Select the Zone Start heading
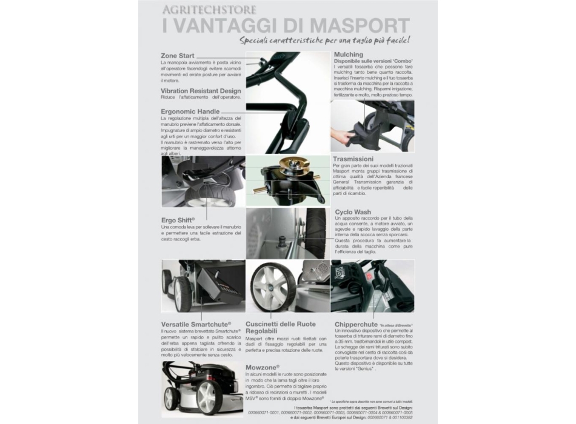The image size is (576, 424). point(178,56)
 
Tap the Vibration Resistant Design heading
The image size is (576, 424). point(201,90)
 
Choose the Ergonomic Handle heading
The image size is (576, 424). point(190,111)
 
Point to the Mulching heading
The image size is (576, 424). point(349,55)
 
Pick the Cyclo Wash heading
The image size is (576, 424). point(353,212)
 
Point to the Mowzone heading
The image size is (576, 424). point(263,367)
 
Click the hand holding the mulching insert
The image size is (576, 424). point(344,136)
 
